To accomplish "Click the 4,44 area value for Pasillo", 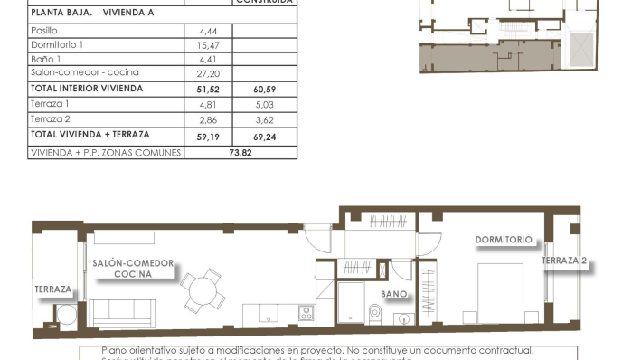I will click(207, 31).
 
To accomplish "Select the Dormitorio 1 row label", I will click(57, 44).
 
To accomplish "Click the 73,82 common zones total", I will click(240, 153).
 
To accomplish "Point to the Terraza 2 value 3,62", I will click(265, 119).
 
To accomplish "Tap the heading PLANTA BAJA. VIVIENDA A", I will click(91, 14).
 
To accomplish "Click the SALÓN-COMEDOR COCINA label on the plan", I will click(133, 268).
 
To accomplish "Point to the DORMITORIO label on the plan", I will click(504, 241).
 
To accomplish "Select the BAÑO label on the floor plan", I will click(393, 295).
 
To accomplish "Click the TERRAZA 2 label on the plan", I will click(565, 261).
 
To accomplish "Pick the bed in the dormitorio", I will click(500, 292).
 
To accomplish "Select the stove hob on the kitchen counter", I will click(306, 314).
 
